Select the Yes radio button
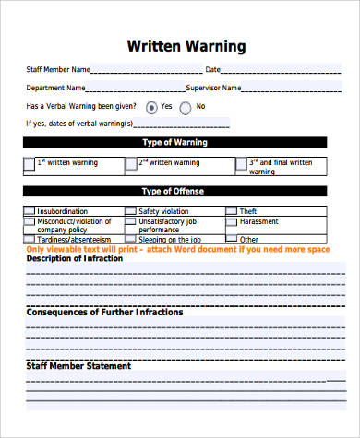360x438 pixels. tap(151, 106)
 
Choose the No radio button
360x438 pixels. tap(186, 106)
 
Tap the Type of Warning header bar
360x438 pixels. tap(174, 143)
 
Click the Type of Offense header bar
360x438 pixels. tap(174, 191)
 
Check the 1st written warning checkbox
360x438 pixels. tap(30, 165)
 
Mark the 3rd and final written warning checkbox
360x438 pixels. tap(241, 165)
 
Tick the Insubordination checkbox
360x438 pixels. tap(30, 211)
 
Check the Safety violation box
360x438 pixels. tap(131, 211)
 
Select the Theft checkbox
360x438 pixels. tap(231, 211)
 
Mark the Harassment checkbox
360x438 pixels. tap(231, 222)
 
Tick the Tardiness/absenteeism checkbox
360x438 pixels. tap(30, 239)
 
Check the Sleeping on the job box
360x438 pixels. tap(131, 239)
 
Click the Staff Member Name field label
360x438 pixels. tap(57, 69)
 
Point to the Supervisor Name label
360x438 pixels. tap(213, 88)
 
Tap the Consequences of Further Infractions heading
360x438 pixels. tap(104, 312)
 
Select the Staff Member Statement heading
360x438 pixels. tap(78, 365)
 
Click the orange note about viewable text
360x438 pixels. tap(175, 250)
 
